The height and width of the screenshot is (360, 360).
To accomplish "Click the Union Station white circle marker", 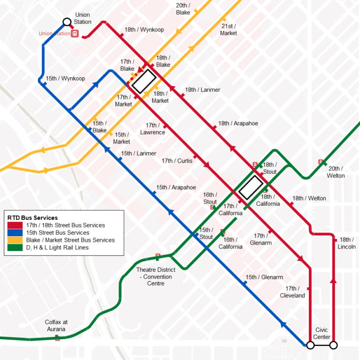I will [67, 22].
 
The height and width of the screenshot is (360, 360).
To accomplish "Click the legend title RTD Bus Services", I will [32, 218].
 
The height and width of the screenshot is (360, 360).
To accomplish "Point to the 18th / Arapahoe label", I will [238, 124].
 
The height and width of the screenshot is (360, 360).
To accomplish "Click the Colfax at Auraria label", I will [56, 326].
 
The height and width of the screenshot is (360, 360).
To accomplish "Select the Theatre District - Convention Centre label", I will [156, 277].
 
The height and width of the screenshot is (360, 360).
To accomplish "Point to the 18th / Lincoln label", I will [347, 243].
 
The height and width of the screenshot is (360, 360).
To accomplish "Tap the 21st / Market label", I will [228, 30].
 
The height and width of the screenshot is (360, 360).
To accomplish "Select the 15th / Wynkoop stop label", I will [66, 79].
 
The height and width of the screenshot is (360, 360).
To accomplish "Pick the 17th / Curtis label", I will [177, 161].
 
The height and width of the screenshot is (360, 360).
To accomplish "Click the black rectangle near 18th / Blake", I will [144, 82].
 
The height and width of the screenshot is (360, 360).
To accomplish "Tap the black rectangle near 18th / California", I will [251, 187].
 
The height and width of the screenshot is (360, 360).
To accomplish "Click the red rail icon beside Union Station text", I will [74, 34].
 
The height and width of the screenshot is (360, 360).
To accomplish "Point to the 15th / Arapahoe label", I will [176, 187].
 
